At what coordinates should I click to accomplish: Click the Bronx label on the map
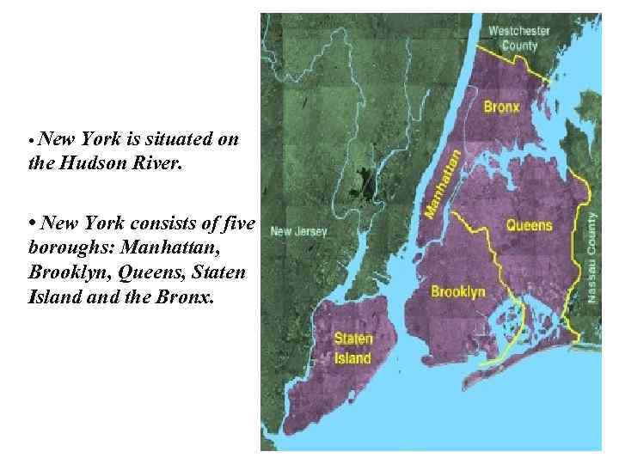click(501, 109)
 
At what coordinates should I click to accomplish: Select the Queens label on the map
click(529, 226)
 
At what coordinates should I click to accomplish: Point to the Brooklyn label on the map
click(457, 292)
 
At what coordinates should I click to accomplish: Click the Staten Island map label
click(352, 348)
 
